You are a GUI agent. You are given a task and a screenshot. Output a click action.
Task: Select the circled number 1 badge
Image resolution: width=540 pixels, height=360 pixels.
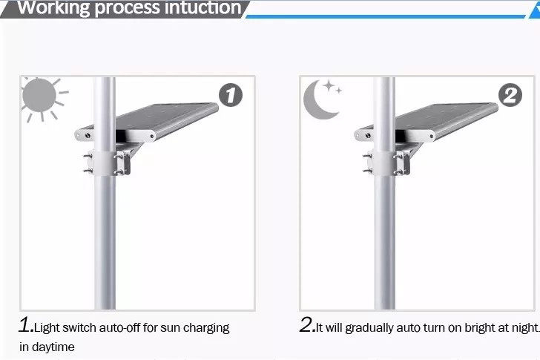pos(231,95)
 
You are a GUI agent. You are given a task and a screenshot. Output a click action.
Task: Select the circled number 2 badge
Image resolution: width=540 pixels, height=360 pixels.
pos(510,95)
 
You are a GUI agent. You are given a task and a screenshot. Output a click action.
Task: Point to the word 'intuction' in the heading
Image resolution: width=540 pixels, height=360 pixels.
pos(202,7)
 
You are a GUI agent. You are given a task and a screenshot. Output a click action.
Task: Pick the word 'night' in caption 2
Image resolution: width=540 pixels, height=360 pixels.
pos(524,328)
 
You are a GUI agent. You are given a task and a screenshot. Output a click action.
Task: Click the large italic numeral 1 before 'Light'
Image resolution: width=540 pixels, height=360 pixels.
pos(25,325)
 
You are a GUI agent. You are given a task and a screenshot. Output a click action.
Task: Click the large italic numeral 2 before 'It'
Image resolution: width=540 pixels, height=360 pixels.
pos(306,325)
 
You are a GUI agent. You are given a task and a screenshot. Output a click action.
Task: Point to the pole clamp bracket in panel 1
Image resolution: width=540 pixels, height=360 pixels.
pos(107,162)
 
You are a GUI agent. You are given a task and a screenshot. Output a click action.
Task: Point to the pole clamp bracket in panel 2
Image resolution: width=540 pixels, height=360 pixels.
pos(386,162)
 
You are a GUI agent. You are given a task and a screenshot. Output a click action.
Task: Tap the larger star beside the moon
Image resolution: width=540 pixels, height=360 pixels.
pos(329,85)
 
